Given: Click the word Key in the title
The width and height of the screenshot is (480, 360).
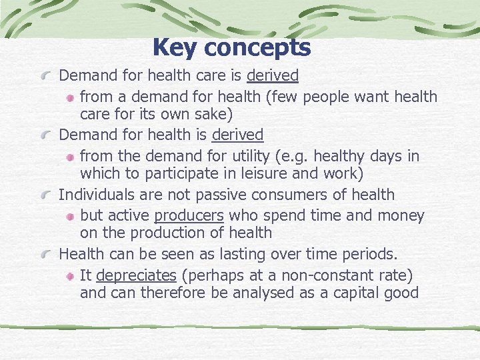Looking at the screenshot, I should coord(175,47).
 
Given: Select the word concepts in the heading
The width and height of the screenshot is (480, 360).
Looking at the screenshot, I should coord(257,48).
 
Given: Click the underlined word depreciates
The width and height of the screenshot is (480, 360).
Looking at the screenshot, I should coord(136,275).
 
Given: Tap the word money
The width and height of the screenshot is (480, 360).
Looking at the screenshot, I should coord(401,215).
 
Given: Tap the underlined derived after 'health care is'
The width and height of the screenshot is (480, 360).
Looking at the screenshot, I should coord(273,76).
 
